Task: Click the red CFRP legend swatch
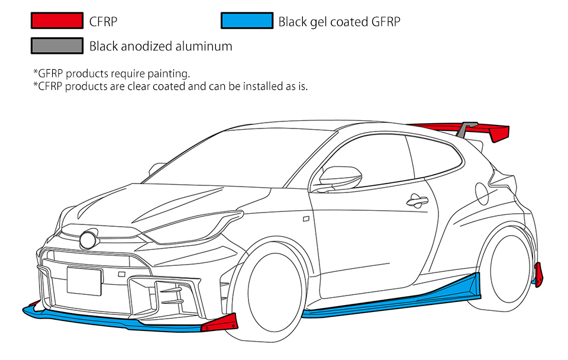57,21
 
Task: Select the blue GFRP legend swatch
247,21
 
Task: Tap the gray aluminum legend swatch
57,46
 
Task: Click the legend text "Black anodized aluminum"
160,46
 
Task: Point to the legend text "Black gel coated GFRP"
339,22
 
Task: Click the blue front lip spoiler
109,321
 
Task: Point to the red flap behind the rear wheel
538,275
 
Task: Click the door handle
417,201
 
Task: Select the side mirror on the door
340,177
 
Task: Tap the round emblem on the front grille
88,240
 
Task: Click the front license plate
85,281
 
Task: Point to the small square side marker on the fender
306,219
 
